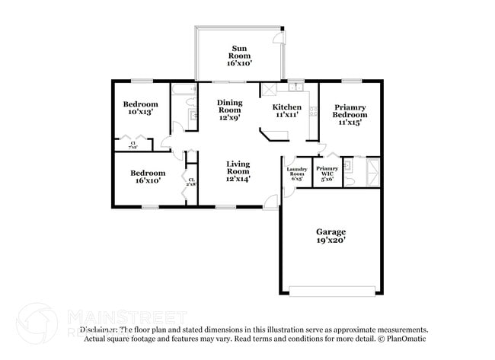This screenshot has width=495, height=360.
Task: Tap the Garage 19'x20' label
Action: [331, 235]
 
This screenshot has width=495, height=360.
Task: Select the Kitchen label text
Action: [287, 111]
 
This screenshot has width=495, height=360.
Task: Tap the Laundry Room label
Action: [296, 174]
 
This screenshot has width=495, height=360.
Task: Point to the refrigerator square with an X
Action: [270, 90]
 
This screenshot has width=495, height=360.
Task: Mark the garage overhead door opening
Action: [332, 290]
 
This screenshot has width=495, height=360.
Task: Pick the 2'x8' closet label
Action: [191, 182]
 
